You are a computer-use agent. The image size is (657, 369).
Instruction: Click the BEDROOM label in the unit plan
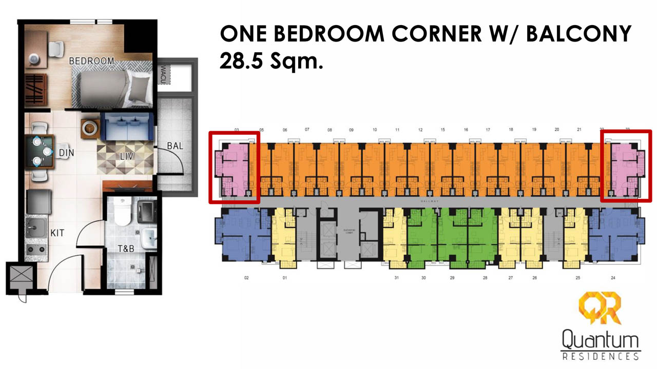click(x=91, y=61)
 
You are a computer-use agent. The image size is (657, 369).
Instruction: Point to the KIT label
click(x=57, y=233)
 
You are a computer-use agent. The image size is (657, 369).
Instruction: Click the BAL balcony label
click(x=175, y=146)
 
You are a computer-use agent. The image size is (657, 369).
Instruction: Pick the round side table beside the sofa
click(x=90, y=128)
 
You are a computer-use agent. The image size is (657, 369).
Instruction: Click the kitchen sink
click(x=36, y=228)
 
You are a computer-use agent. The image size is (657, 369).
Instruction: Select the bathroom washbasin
click(x=148, y=238)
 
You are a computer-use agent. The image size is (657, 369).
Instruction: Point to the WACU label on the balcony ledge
click(x=164, y=75)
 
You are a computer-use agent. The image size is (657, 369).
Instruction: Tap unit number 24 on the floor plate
click(x=613, y=278)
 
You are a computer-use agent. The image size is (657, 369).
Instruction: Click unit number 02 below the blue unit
click(x=246, y=278)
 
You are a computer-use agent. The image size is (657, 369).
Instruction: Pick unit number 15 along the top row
click(x=442, y=130)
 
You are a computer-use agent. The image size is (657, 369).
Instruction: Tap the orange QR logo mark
click(x=600, y=309)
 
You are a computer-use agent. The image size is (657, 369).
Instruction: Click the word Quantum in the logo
click(x=600, y=340)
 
